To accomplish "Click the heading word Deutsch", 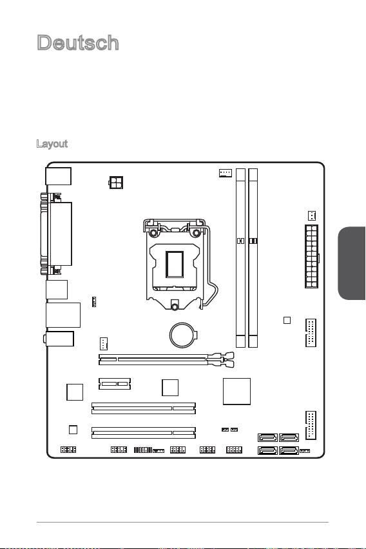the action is [78, 43].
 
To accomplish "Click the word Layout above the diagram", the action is [52, 144].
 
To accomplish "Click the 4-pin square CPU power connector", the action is [116, 182].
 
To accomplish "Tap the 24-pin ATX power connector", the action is [311, 256].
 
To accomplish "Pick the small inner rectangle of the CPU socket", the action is [175, 265].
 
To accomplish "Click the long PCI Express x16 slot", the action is [166, 359].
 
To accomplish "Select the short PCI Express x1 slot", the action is [114, 384].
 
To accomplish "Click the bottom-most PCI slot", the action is [144, 433].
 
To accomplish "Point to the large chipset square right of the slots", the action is [236, 392].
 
